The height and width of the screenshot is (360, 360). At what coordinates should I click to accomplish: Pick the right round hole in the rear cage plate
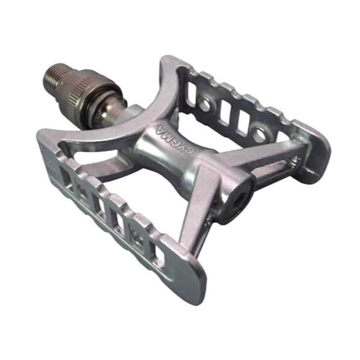point(259,133)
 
